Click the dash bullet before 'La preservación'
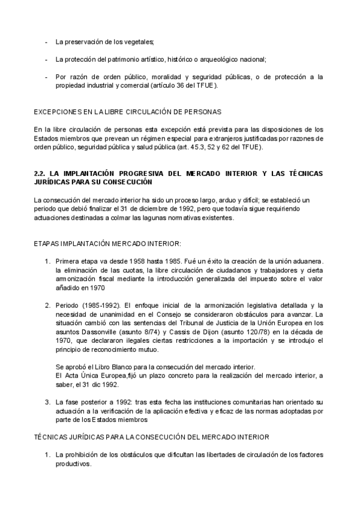pyautogui.click(x=47, y=41)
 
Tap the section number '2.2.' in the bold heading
pyautogui.click(x=40, y=173)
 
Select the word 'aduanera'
pyautogui.click(x=307, y=262)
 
